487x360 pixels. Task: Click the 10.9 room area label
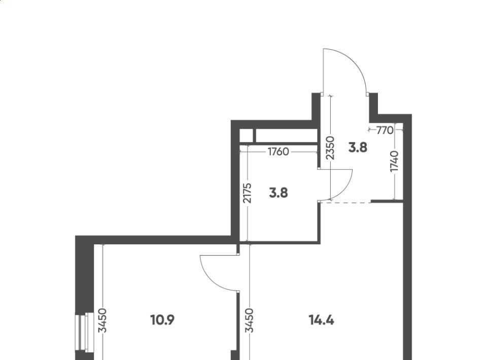click(162, 320)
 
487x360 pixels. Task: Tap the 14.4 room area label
click(322, 320)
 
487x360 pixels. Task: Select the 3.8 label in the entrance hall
click(358, 147)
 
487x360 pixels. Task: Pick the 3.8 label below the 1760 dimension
click(279, 193)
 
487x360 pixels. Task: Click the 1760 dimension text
click(279, 152)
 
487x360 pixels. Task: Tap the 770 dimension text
click(385, 130)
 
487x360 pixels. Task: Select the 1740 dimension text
click(395, 161)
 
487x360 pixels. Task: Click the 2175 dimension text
click(248, 193)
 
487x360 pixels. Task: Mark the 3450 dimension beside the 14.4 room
click(250, 320)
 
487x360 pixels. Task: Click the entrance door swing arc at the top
click(355, 61)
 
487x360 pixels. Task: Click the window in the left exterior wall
click(84, 332)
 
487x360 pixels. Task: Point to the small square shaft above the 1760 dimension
click(247, 135)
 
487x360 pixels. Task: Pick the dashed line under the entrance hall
click(345, 203)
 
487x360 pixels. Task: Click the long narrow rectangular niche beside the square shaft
click(286, 135)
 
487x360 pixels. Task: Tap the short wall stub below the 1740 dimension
click(387, 202)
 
